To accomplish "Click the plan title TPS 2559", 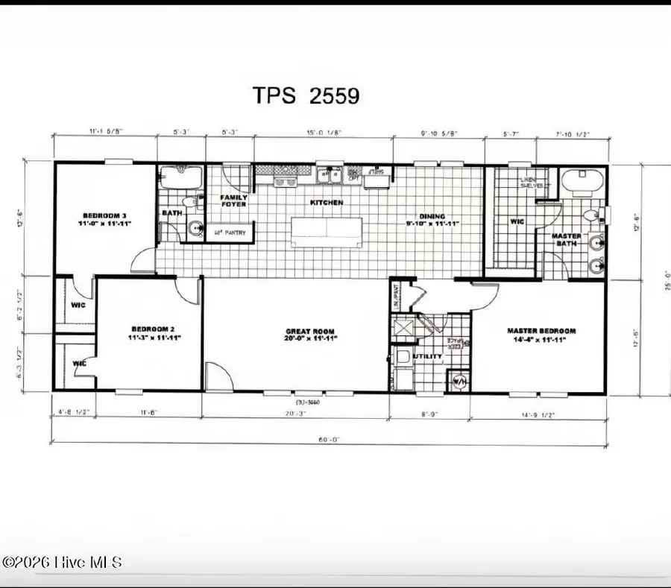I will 305,95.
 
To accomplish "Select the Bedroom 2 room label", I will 153,332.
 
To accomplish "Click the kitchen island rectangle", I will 325,231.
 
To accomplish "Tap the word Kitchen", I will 327,203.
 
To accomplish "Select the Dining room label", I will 432,218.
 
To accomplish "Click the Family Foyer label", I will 233,201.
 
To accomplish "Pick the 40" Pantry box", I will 230,233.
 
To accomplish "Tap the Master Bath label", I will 566,240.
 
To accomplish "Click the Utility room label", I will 428,357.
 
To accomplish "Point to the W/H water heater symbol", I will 459,382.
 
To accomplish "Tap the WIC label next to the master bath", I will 517,221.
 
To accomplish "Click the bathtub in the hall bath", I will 181,178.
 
